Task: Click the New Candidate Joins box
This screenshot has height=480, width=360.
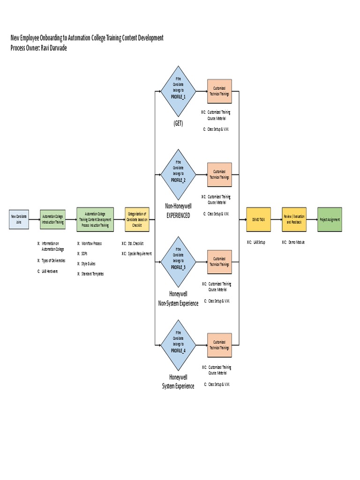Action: (19, 219)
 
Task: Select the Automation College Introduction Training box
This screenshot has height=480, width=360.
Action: (53, 219)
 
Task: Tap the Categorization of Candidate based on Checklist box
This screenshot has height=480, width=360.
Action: (137, 219)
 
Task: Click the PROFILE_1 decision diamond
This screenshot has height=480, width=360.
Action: (178, 91)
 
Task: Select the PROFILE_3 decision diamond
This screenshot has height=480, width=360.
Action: (178, 261)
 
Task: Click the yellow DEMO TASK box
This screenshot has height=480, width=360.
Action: (259, 219)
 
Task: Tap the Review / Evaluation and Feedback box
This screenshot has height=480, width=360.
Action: (294, 219)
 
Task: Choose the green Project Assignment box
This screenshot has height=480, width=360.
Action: (330, 219)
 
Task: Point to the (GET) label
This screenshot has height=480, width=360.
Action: (178, 123)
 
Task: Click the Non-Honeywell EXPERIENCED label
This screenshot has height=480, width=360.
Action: (178, 210)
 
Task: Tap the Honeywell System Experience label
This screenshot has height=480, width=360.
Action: (178, 382)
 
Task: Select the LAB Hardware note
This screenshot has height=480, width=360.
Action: (49, 271)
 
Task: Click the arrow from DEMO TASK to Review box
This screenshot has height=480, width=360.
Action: (276, 219)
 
